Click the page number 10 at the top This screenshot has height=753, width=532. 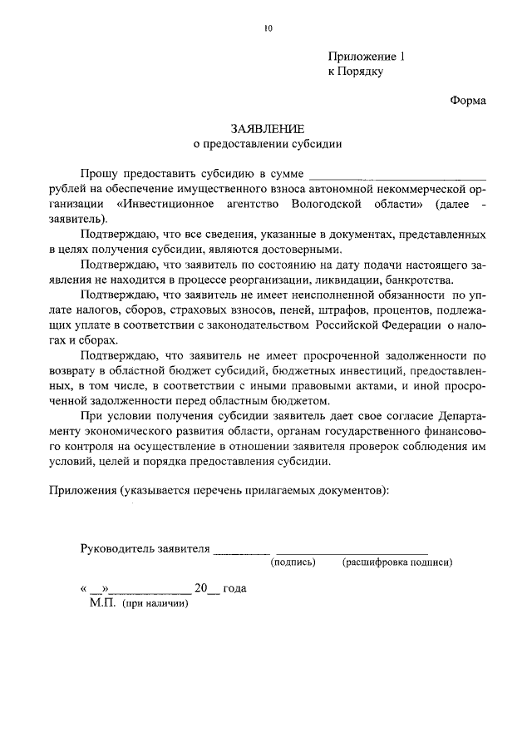coord(268,28)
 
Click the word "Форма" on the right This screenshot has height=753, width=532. coord(467,100)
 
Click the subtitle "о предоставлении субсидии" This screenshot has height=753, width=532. coord(268,143)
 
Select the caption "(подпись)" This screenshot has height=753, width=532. coord(293,562)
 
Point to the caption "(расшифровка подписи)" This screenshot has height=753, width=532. coord(397,562)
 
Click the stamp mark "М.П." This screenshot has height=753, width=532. coord(103,603)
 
